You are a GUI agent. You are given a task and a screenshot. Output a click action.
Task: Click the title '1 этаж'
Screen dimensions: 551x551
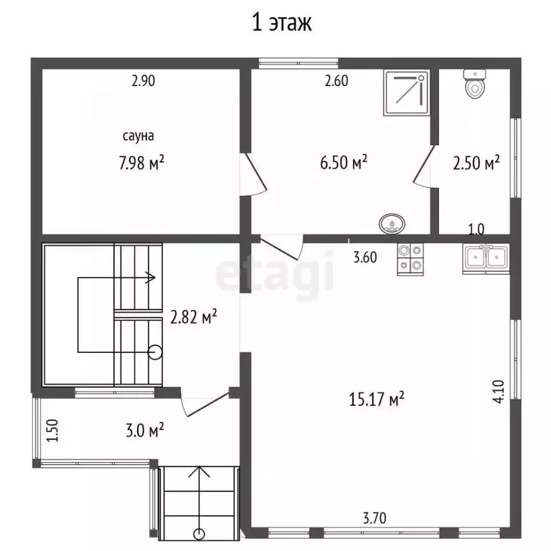click(282, 23)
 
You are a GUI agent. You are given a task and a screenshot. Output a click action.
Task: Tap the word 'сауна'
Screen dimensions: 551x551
click(138, 136)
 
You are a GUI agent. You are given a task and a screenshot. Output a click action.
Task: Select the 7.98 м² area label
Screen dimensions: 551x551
click(141, 163)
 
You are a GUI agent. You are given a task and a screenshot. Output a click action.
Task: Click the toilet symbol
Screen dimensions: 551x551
click(475, 84)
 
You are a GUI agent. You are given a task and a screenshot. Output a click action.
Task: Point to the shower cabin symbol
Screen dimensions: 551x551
click(407, 93)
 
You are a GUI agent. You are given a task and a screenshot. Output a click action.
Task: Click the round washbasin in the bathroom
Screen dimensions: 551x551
click(392, 224)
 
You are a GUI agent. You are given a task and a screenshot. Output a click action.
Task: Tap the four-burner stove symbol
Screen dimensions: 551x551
click(410, 259)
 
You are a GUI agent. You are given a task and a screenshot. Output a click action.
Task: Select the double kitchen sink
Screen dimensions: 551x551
click(486, 258)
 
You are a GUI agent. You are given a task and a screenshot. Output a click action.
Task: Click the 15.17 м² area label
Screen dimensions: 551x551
click(377, 399)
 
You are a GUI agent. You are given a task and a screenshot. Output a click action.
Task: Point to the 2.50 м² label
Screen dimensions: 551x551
click(476, 163)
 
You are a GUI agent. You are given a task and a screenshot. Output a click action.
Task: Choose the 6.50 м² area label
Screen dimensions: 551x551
click(344, 162)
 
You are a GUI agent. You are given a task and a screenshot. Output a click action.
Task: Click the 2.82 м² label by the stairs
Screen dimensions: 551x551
click(194, 316)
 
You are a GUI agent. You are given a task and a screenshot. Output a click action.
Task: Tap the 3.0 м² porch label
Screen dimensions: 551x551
click(145, 430)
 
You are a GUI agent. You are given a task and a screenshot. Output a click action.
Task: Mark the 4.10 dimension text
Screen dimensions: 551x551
click(499, 392)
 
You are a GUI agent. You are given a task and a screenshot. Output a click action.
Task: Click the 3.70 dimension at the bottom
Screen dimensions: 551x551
click(375, 518)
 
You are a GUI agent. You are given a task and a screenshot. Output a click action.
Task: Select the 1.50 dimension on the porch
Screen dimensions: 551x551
click(52, 430)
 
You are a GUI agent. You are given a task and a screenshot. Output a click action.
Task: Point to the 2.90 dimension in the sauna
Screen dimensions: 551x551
click(143, 81)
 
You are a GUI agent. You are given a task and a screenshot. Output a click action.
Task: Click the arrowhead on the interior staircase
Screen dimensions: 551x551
click(151, 278)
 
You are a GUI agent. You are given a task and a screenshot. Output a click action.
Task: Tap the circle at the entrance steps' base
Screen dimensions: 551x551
click(199, 534)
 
